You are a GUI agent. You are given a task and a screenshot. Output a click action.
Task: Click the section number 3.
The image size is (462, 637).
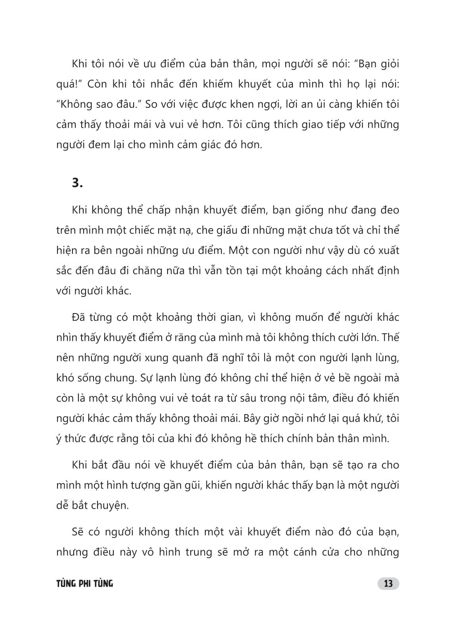point(77,183)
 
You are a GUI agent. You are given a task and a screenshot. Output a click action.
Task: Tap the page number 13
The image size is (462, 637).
point(388,583)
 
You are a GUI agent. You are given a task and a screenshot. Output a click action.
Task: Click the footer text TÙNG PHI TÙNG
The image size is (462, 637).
point(84,583)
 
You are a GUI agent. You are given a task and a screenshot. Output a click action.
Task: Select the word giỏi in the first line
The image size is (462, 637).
point(387,64)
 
